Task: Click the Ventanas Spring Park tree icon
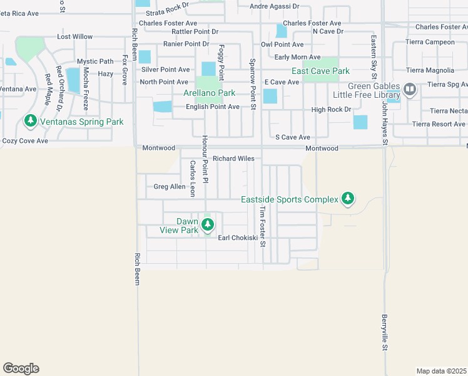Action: pos(29,120)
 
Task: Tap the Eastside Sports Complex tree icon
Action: pos(348,199)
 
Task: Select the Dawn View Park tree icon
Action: pos(207,224)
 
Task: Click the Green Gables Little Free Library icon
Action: pos(410,90)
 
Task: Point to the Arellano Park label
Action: pos(209,93)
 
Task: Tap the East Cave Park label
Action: pos(320,71)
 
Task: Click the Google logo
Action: pos(21,368)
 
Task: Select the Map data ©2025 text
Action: pos(440,371)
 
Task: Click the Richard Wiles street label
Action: pos(233,159)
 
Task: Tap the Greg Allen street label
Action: pos(169,187)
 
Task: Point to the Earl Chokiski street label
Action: pos(238,238)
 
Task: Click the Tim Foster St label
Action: pos(263,226)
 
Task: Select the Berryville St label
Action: pos(385,332)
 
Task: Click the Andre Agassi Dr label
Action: pos(274,6)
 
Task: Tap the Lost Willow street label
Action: pos(74,37)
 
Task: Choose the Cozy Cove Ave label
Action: pos(25,141)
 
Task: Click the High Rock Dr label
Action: pos(331,110)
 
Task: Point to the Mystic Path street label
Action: pos(95,61)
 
